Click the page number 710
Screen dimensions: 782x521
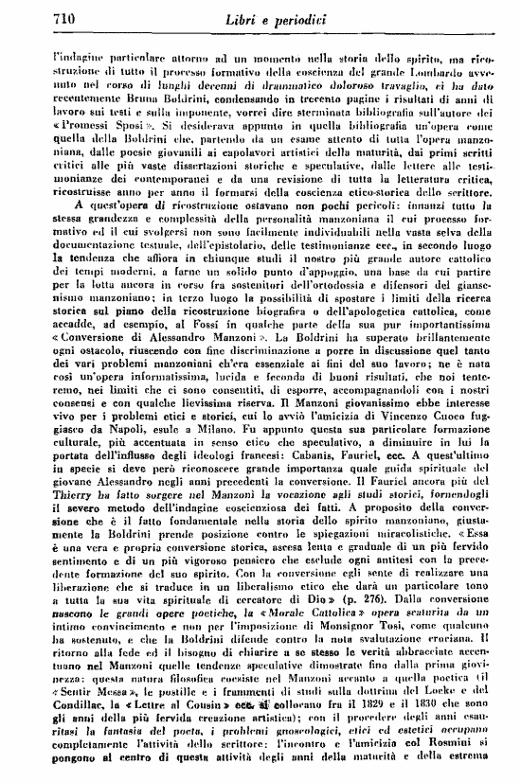click(x=34, y=19)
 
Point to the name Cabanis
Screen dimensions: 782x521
click(x=306, y=478)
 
